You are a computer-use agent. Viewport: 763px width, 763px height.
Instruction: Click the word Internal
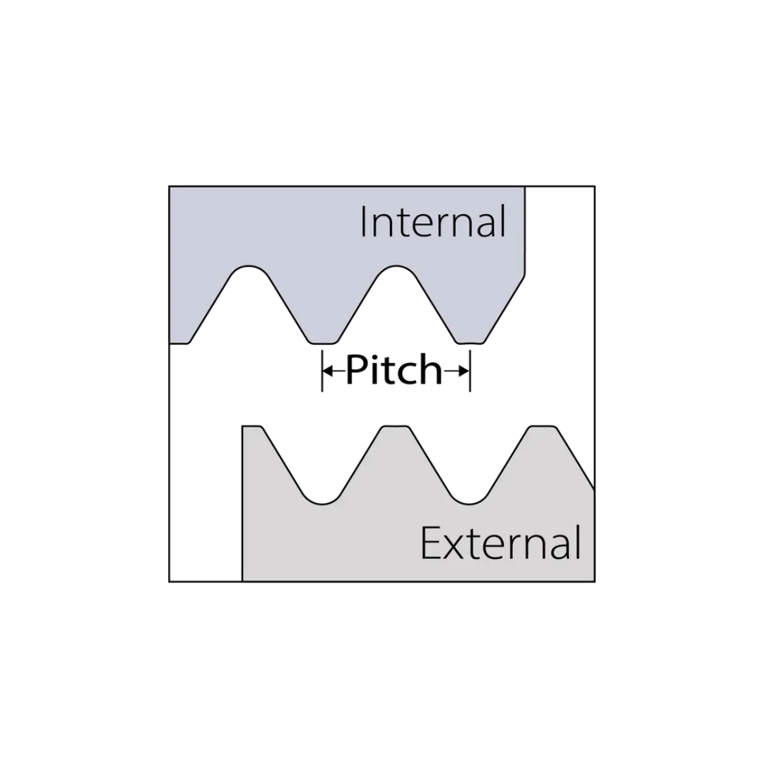point(433,221)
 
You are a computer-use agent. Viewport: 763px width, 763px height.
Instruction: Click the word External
point(500,543)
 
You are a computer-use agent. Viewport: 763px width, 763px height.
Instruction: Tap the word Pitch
point(394,369)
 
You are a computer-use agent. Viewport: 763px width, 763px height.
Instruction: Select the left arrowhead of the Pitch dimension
point(328,372)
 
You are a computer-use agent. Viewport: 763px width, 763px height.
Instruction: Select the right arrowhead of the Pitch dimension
point(464,372)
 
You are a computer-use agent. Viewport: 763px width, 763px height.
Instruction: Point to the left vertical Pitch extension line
point(322,372)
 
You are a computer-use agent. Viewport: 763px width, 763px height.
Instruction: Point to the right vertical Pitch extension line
point(470,372)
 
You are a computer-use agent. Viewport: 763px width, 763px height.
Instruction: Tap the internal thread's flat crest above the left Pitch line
point(323,343)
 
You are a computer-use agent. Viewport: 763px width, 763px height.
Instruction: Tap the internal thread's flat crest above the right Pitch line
point(470,343)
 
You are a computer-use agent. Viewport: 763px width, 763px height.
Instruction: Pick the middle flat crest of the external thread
point(395,427)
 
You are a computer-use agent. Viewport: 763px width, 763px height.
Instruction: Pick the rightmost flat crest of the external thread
point(543,427)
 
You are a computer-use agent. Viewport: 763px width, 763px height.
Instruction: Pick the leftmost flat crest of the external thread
point(252,427)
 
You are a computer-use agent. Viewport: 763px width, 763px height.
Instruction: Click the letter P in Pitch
point(357,369)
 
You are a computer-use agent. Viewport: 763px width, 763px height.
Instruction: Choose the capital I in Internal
point(364,221)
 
